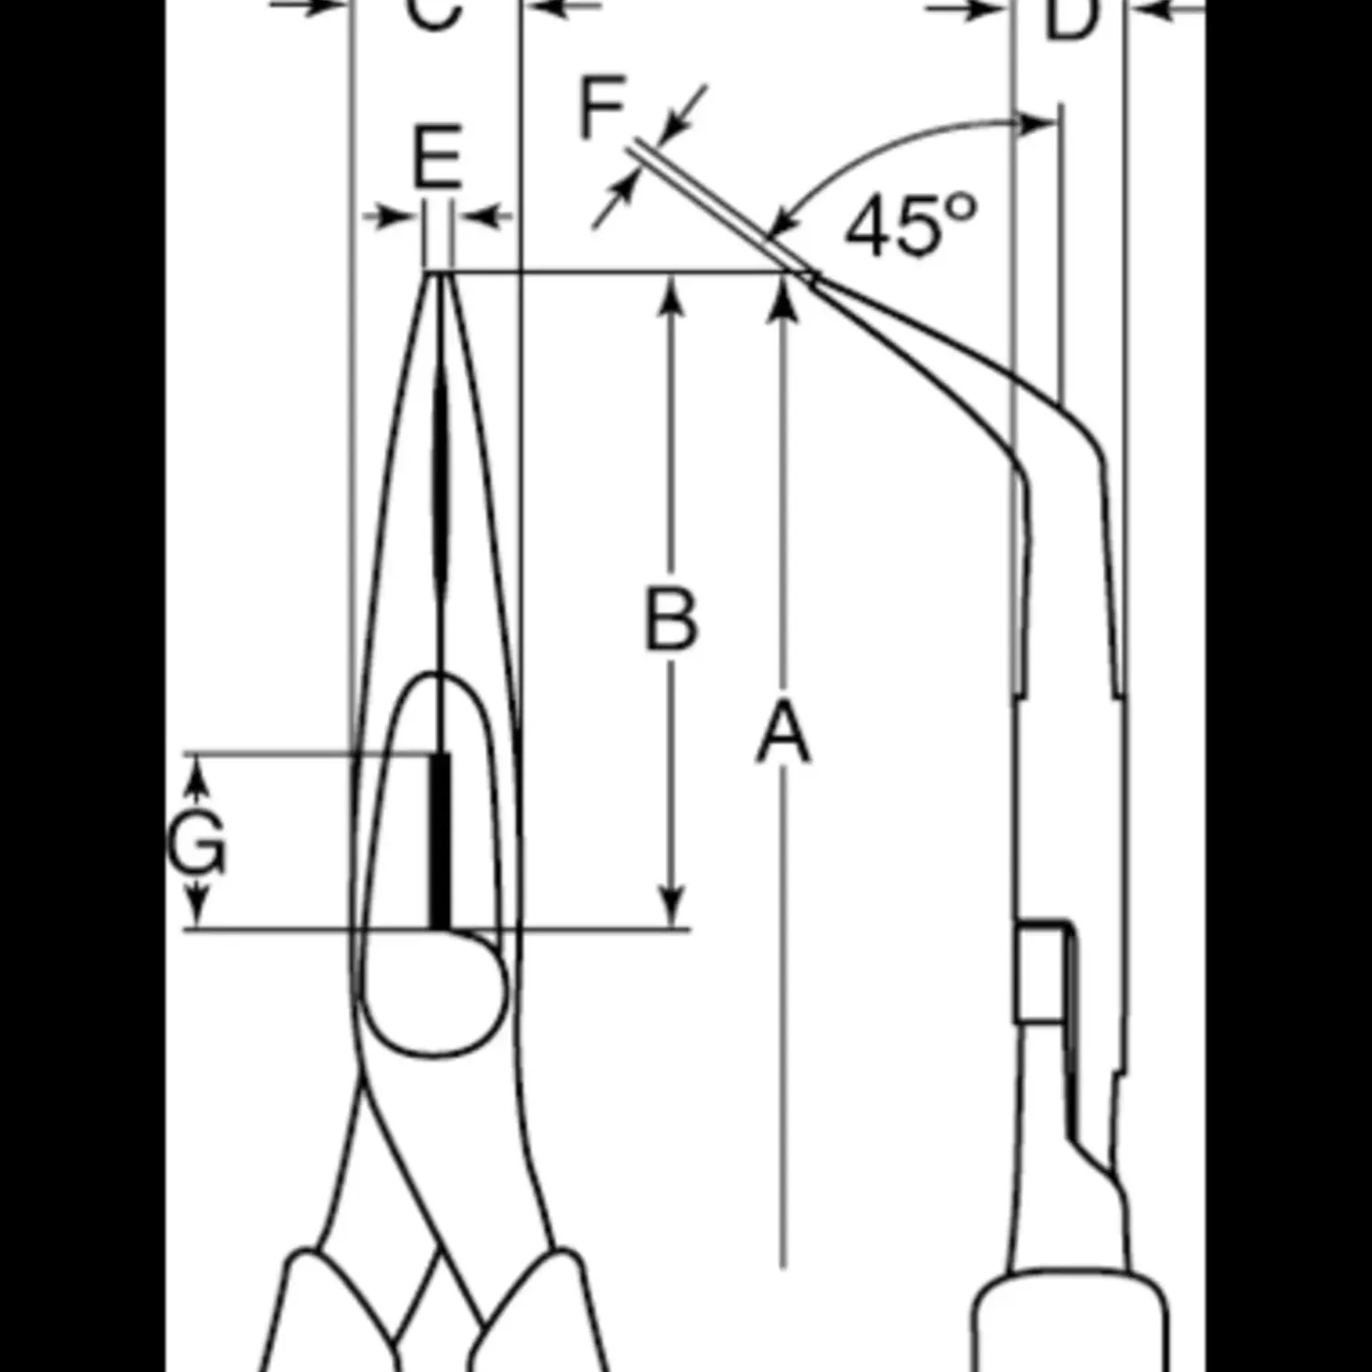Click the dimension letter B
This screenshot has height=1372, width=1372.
[x=671, y=619]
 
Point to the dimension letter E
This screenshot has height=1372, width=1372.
[x=437, y=157]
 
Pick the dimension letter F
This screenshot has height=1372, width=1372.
[x=601, y=108]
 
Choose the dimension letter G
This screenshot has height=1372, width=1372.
[x=196, y=840]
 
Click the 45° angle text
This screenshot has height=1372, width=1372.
[x=910, y=226]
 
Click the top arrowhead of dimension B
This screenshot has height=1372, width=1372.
[x=671, y=291]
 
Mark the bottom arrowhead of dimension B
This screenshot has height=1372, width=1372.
[x=671, y=910]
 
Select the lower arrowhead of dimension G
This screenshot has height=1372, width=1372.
[x=196, y=910]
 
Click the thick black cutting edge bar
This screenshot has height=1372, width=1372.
[x=439, y=841]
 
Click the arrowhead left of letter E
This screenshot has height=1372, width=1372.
[x=399, y=217]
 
